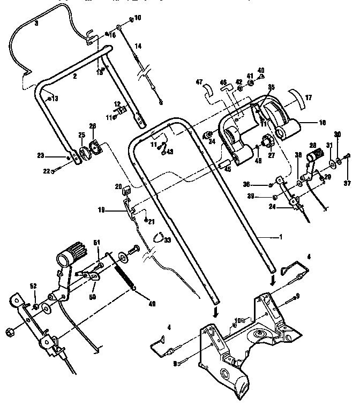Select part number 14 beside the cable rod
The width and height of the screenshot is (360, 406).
pyautogui.click(x=138, y=47)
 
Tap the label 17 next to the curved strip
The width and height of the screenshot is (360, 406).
pyautogui.click(x=309, y=98)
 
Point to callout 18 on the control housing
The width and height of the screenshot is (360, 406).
pyautogui.click(x=322, y=123)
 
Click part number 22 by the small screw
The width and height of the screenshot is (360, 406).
pyautogui.click(x=47, y=171)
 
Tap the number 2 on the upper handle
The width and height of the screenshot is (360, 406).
pyautogui.click(x=75, y=77)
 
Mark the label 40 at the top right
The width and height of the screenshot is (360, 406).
pyautogui.click(x=261, y=70)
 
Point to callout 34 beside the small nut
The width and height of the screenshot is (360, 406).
pyautogui.click(x=211, y=141)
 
